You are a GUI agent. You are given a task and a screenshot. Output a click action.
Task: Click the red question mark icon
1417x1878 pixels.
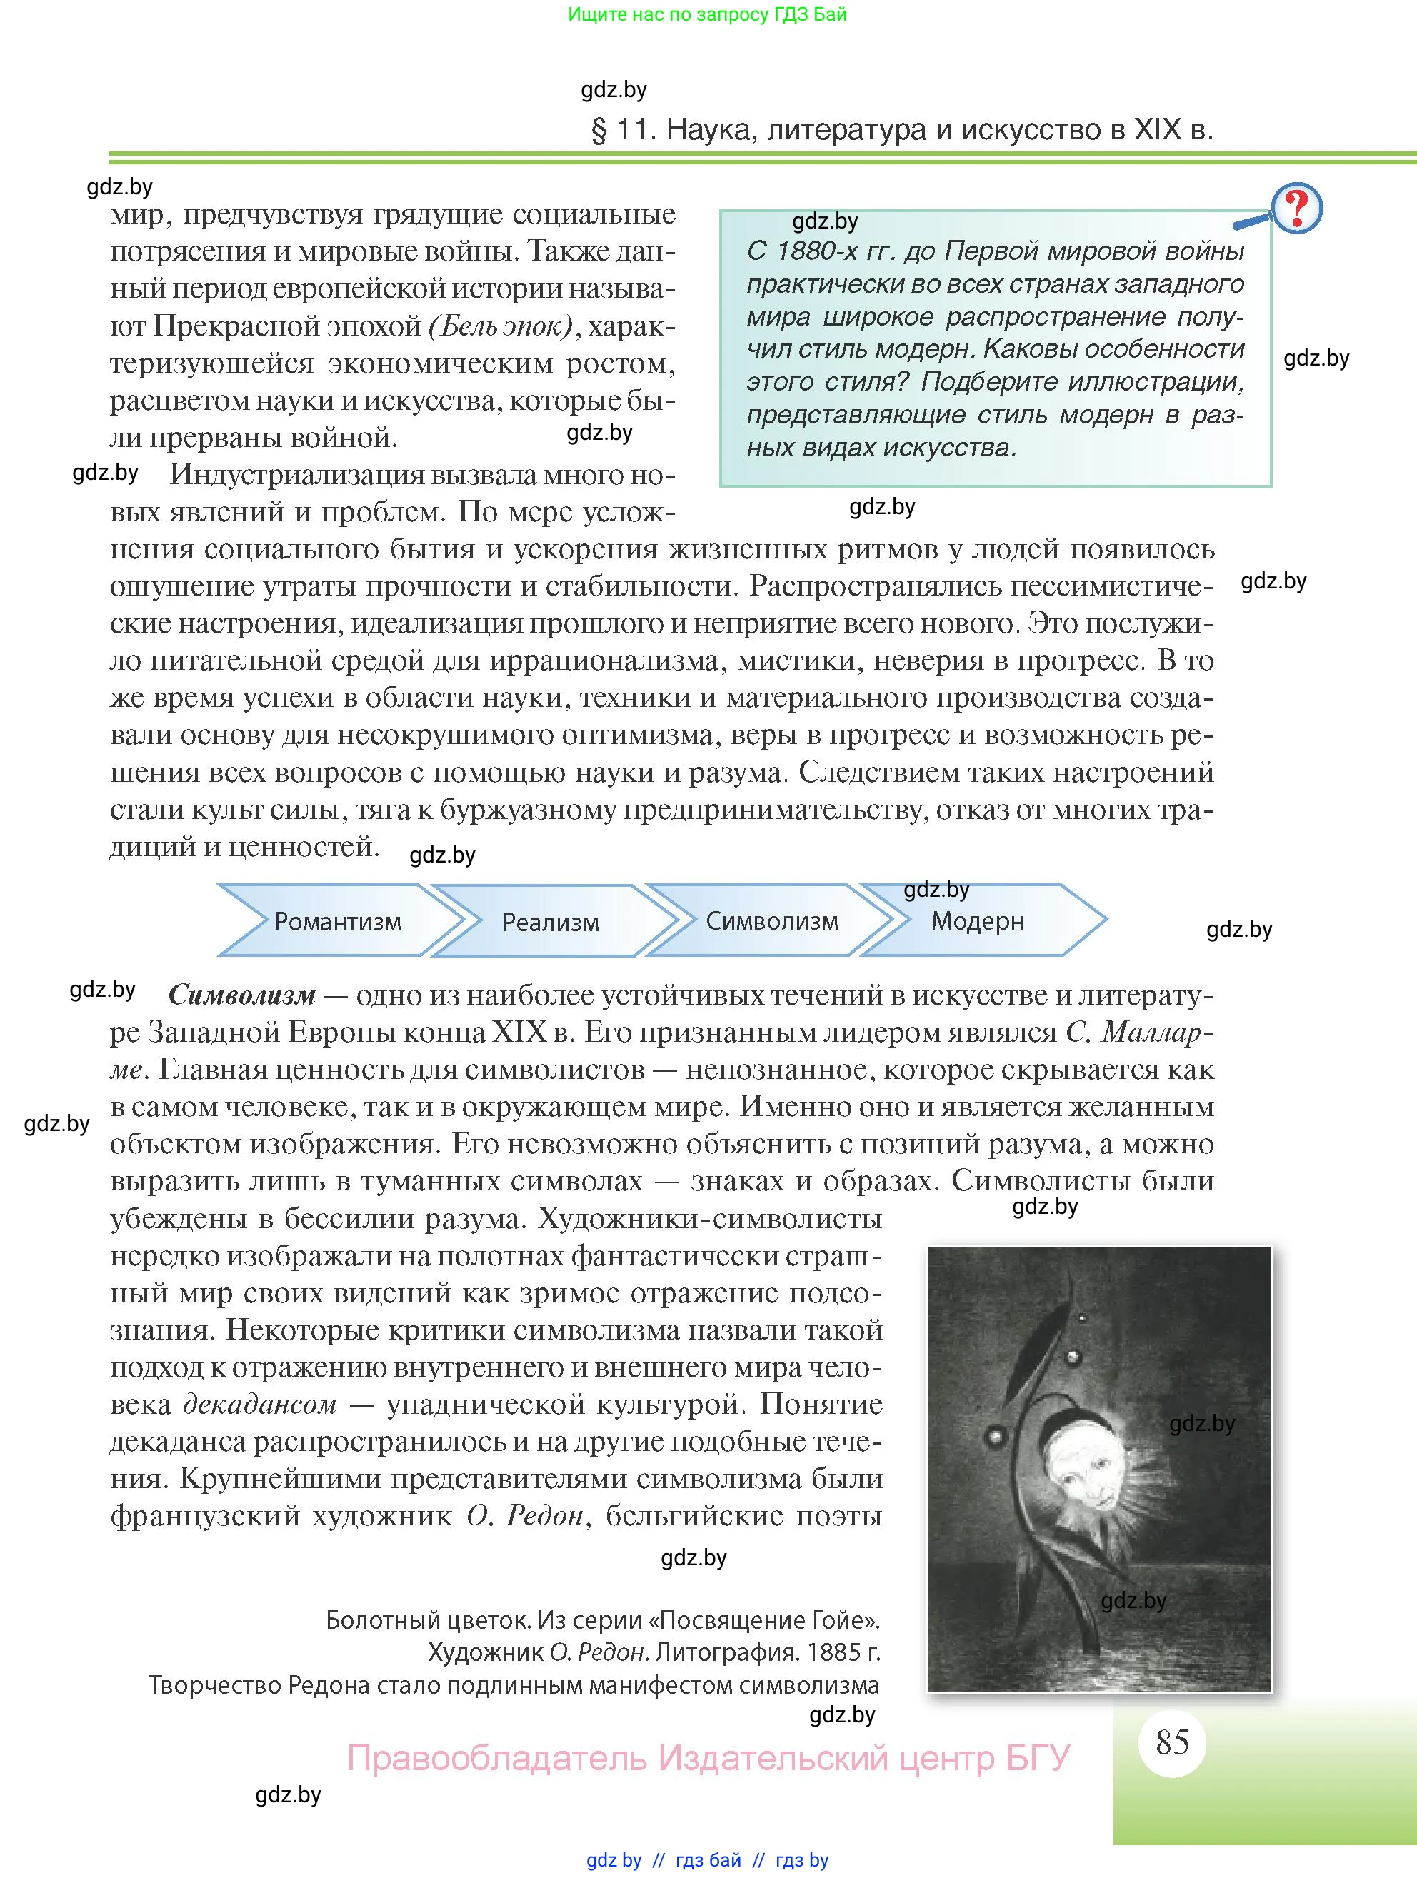pyautogui.click(x=1296, y=208)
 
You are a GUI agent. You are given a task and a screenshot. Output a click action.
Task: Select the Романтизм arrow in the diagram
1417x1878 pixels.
pyautogui.click(x=337, y=921)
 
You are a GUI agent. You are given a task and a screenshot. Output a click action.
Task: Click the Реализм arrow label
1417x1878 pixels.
pyautogui.click(x=550, y=922)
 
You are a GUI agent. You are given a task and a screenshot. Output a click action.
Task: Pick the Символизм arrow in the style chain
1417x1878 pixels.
pyautogui.click(x=772, y=921)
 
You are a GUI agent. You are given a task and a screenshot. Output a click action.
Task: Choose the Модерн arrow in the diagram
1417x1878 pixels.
pyautogui.click(x=977, y=921)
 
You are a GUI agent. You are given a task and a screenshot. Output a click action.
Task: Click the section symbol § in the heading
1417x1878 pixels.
pyautogui.click(x=599, y=131)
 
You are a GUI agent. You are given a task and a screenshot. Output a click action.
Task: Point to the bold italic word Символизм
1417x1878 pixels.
pyautogui.click(x=242, y=994)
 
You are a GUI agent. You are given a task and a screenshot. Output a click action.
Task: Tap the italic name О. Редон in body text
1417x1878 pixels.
pyautogui.click(x=526, y=1515)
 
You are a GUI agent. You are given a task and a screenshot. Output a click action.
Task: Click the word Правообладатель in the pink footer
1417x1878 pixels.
pyautogui.click(x=496, y=1757)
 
